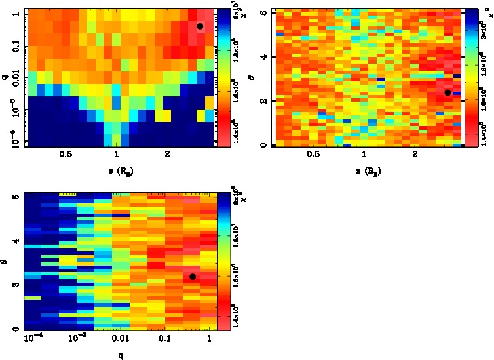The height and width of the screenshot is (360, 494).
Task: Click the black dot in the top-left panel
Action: [200, 26]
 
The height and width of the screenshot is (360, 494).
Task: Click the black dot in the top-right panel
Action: [447, 92]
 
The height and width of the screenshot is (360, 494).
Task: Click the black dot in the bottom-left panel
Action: [193, 277]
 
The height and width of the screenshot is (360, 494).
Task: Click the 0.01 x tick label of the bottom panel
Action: [120, 339]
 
